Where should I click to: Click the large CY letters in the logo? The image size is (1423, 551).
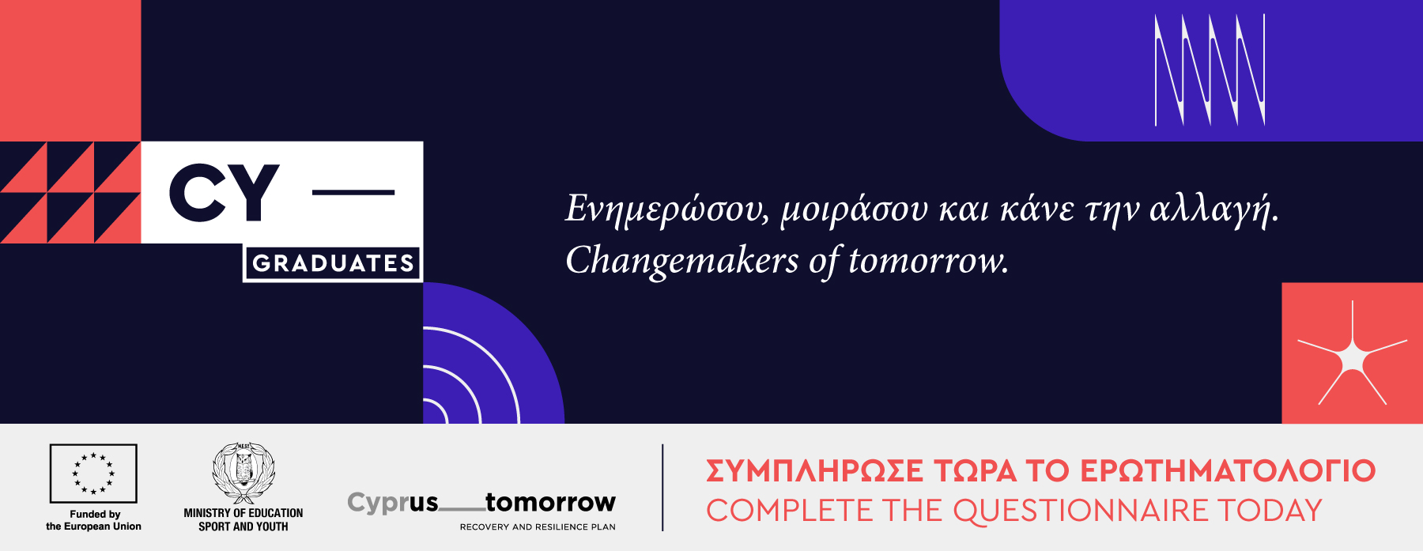point(225,192)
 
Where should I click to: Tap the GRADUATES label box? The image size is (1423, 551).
point(333,263)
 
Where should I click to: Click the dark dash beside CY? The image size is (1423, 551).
point(353,192)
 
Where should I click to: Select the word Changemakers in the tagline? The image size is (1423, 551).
point(682,261)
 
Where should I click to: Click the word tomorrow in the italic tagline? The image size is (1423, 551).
point(929,261)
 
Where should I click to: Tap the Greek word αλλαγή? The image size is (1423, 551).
point(1214,209)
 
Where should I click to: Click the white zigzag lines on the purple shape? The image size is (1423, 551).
point(1210,70)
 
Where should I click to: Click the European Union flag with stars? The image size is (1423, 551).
point(93,474)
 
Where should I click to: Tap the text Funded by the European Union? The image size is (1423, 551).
point(94,520)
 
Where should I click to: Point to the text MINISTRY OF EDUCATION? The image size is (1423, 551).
point(243,513)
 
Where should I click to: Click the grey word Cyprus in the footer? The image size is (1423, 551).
point(393,503)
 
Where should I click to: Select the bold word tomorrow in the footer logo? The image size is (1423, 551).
point(550,502)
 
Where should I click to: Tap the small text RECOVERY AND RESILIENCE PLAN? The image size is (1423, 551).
point(538,526)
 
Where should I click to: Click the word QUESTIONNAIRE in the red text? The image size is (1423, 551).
point(1081,511)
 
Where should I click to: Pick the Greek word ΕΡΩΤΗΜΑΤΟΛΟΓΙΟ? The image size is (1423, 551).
point(1228,471)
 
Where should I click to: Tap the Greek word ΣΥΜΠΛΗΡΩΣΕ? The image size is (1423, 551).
point(814,471)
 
